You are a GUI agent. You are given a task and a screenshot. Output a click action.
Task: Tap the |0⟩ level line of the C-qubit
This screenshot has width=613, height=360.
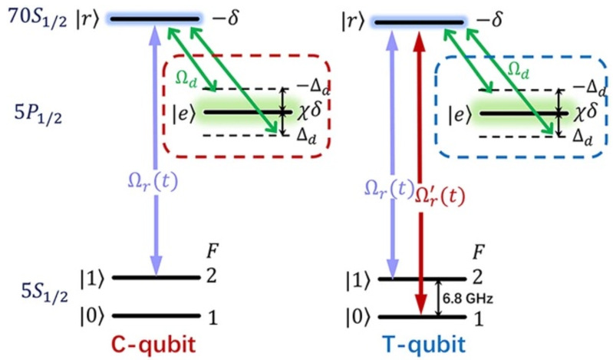[157, 315]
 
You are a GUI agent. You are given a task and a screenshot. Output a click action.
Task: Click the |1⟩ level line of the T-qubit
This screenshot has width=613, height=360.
[426, 277]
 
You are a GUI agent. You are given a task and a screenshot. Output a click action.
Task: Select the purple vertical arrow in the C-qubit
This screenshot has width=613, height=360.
[157, 154]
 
